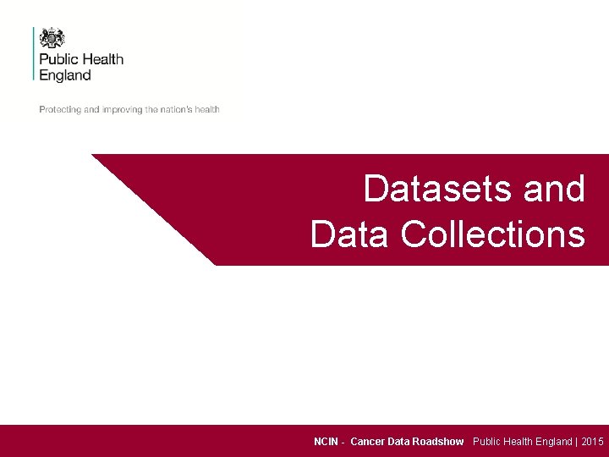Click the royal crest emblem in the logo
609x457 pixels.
[x=52, y=38]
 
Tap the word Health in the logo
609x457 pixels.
[x=102, y=59]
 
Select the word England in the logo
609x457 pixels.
[x=65, y=74]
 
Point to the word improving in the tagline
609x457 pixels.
[x=123, y=109]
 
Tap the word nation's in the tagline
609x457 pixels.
[x=176, y=109]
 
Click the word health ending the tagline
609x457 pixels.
[x=207, y=109]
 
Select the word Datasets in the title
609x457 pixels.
[x=439, y=189]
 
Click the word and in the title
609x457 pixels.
[x=554, y=189]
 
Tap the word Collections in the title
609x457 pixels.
[x=492, y=234]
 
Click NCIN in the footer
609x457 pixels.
[x=326, y=442]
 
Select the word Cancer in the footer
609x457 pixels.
[x=367, y=442]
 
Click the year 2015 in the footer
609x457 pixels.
[x=592, y=442]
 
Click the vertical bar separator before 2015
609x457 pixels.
[x=577, y=442]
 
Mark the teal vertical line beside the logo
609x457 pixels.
[x=34, y=53]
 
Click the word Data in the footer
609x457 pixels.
[x=398, y=442]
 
